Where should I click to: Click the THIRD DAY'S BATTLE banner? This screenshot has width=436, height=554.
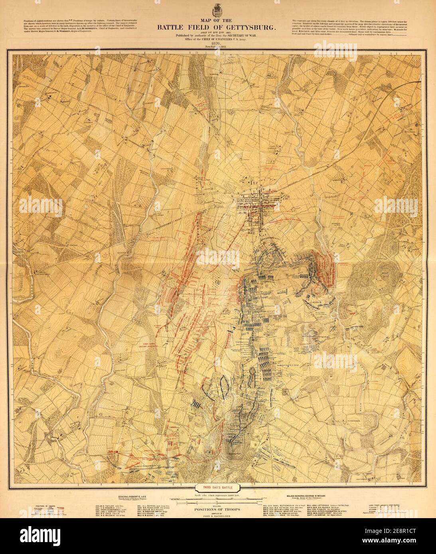(218, 487)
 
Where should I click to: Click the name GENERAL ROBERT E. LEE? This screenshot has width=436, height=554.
(134, 497)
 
